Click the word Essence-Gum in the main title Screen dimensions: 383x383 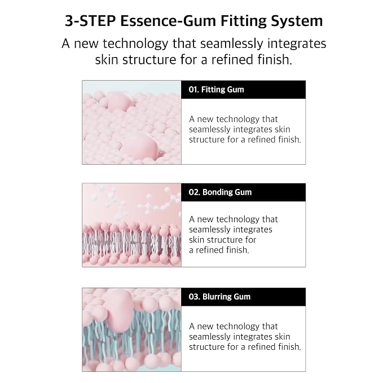coord(168,21)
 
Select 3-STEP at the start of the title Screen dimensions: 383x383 coord(90,21)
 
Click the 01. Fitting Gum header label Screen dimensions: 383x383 coord(216,90)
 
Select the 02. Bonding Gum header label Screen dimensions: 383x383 coord(220,192)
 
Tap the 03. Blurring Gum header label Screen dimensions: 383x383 coord(219,297)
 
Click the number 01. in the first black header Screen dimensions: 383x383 coord(193,90)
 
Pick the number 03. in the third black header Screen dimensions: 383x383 coord(195,297)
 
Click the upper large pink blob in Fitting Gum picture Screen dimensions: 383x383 coord(118,102)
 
